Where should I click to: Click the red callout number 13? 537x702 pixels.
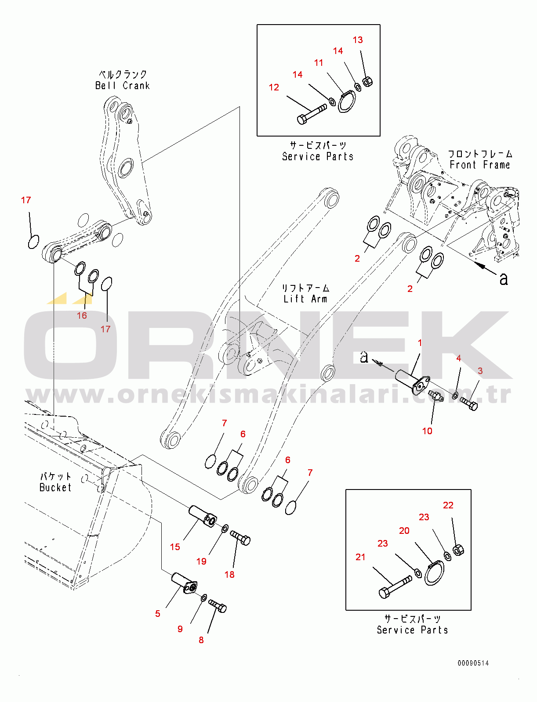point(357,40)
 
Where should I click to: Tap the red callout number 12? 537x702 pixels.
point(274,87)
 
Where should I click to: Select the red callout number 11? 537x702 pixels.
point(319,63)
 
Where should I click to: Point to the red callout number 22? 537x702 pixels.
point(448,505)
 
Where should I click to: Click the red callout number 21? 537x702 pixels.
point(360,557)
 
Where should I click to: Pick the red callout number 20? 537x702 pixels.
point(404,531)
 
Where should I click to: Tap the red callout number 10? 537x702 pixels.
point(427,431)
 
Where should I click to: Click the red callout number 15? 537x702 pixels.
point(175,547)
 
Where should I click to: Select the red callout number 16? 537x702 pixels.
point(82,315)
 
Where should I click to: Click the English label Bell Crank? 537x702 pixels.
point(123,86)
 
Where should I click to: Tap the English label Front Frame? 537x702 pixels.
point(479,165)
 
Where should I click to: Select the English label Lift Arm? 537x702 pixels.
point(305,299)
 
